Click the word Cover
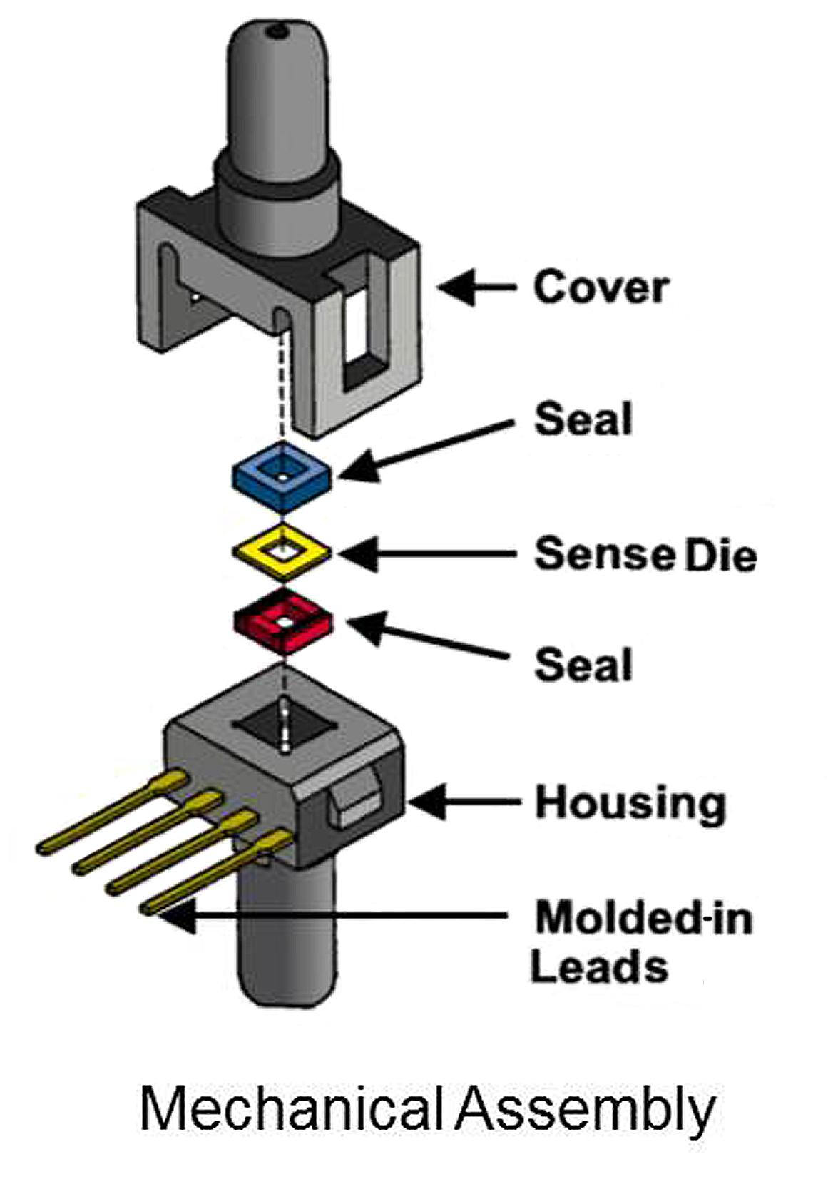601,287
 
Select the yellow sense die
282,552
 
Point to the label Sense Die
645,554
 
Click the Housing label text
630,803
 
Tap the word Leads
599,968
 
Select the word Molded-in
644,918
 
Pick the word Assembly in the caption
585,1109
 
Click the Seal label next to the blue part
583,419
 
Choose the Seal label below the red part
583,665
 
